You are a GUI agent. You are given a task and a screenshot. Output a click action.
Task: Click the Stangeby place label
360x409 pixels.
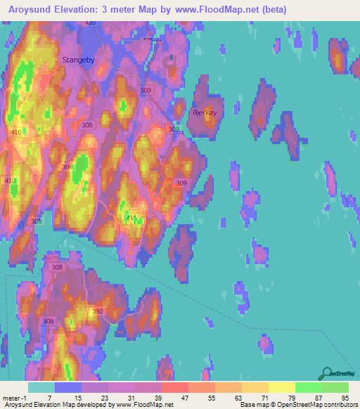pyautogui.click(x=79, y=60)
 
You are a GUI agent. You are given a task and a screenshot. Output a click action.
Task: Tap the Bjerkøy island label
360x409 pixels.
pyautogui.click(x=205, y=112)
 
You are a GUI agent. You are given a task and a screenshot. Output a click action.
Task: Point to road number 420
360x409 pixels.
pyautogui.click(x=89, y=23)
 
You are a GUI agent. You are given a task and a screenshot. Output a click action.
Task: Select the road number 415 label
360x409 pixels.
pyautogui.click(x=131, y=219)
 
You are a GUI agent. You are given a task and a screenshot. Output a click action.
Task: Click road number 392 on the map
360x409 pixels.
pyautogui.click(x=98, y=311)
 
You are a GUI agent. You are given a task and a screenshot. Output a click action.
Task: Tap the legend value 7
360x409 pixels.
pyautogui.click(x=49, y=398)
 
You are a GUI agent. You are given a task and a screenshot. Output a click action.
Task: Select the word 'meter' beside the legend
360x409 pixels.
pyautogui.click(x=10, y=398)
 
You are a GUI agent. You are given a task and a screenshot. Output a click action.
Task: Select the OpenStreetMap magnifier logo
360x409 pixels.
pyautogui.click(x=327, y=373)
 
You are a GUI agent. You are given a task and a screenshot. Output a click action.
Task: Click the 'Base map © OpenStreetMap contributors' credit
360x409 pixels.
pyautogui.click(x=298, y=405)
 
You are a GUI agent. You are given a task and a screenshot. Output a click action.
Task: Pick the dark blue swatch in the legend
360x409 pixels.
pyautogui.click(x=68, y=387)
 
